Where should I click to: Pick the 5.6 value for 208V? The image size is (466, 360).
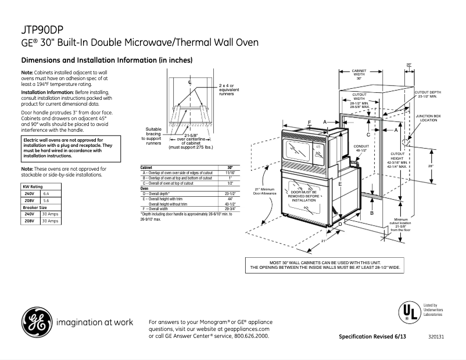coord(47,200)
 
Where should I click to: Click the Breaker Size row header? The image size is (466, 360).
coord(35,207)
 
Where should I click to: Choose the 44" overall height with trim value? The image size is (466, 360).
coord(230,199)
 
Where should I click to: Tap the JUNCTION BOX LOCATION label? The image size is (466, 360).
coord(428,118)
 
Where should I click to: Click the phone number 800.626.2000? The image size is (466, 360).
coord(250,336)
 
